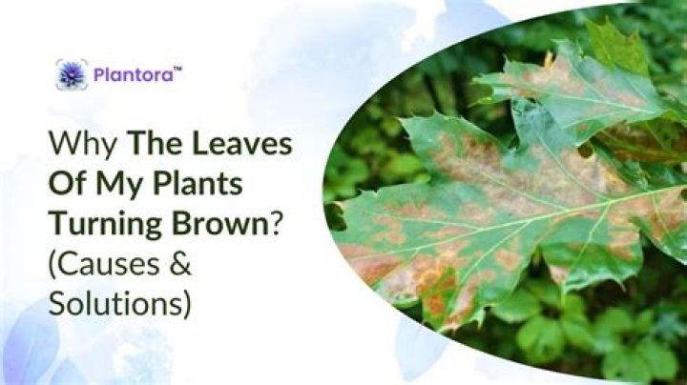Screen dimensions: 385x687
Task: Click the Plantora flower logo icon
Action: tap(72, 74)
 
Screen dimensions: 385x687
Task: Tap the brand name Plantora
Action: tap(131, 74)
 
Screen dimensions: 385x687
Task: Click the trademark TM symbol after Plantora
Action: tap(177, 68)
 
